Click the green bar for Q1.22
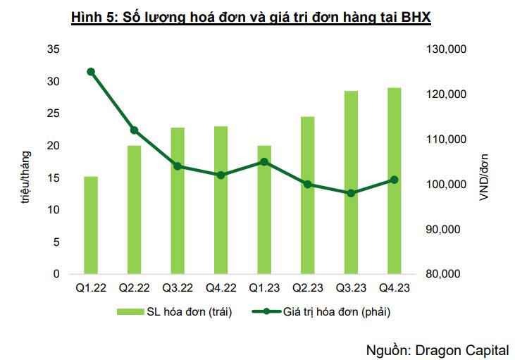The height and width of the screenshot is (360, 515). (x=91, y=225)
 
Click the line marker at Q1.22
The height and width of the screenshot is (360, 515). (x=91, y=72)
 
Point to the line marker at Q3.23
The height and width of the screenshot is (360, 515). (x=351, y=193)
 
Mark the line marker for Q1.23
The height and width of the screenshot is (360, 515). (x=264, y=161)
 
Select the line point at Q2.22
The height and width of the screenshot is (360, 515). (x=134, y=130)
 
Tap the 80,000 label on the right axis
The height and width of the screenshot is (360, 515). (x=445, y=274)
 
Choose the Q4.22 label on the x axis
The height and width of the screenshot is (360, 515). (x=221, y=287)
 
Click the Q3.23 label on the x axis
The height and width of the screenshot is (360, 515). (x=351, y=287)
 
